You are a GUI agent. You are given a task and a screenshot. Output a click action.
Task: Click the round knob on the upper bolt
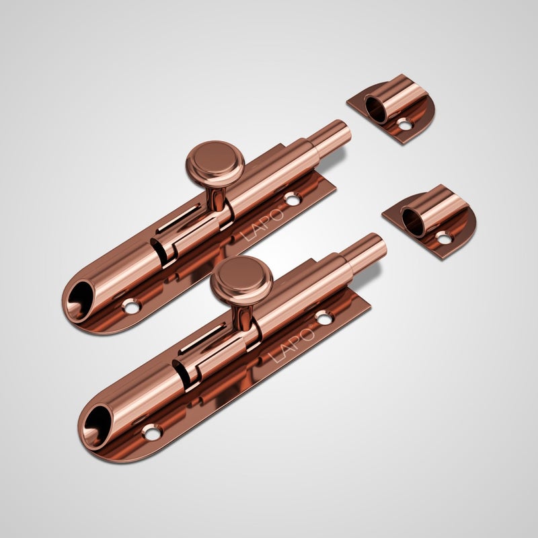(215, 164)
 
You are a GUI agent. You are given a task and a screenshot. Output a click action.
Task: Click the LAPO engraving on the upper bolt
(262, 225)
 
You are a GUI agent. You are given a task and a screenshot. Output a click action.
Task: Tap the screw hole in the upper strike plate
(405, 125)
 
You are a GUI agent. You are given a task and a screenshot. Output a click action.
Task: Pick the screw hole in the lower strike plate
(444, 238)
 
